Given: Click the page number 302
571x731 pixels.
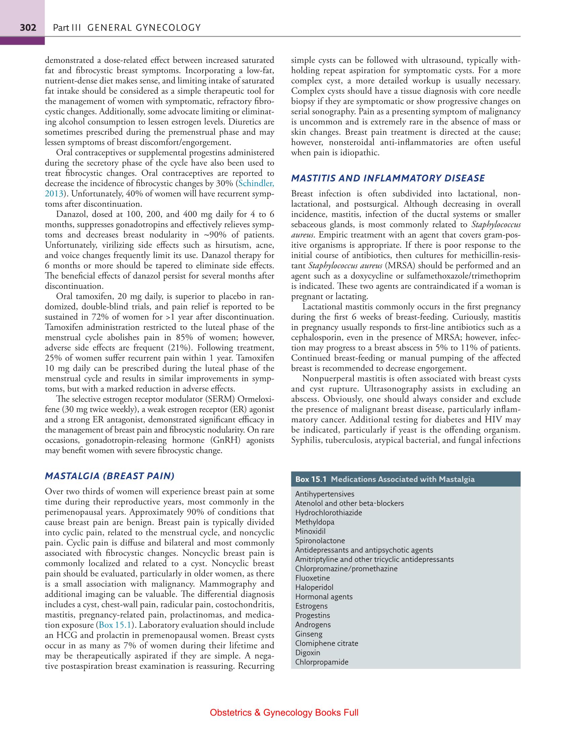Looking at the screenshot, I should click(28, 28).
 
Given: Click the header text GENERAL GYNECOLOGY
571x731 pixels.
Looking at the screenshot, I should click(144, 28).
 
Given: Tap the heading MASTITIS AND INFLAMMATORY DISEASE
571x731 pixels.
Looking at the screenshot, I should click(388, 178).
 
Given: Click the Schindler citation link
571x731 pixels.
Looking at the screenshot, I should click(256, 184).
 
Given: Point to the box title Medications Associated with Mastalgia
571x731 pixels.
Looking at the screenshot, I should click(403, 479).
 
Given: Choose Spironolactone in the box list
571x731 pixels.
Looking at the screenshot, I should click(320, 541).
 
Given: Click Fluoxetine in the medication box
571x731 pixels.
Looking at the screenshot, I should click(312, 578).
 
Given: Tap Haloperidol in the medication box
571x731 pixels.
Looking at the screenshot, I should click(314, 587).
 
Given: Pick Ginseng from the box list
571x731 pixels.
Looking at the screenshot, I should click(309, 634).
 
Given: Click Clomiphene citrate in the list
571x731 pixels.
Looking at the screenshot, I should click(326, 643).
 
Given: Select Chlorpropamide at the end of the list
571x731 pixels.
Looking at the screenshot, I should click(321, 662).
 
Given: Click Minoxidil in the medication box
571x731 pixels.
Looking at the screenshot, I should click(310, 531).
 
